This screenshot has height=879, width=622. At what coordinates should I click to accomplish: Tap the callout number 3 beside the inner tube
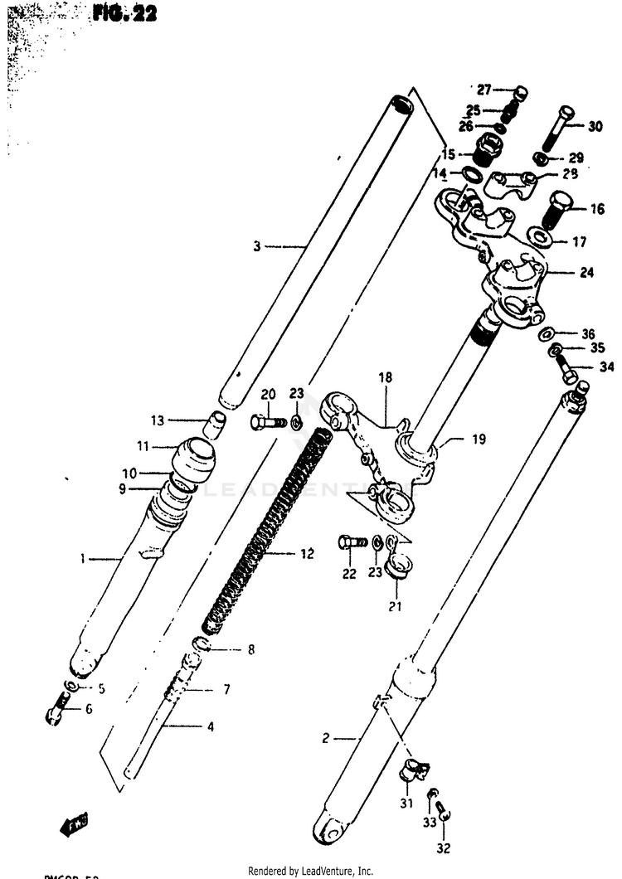[257, 245]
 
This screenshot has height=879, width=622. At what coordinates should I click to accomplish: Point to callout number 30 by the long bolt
[595, 127]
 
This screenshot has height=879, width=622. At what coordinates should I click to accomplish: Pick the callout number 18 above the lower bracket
[384, 378]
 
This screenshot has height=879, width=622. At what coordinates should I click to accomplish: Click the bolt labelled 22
[352, 543]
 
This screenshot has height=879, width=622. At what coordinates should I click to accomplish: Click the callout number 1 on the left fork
[83, 559]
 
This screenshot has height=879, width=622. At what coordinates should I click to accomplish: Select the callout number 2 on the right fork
[326, 736]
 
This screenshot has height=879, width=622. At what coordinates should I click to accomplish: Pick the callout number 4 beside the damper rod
[211, 727]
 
